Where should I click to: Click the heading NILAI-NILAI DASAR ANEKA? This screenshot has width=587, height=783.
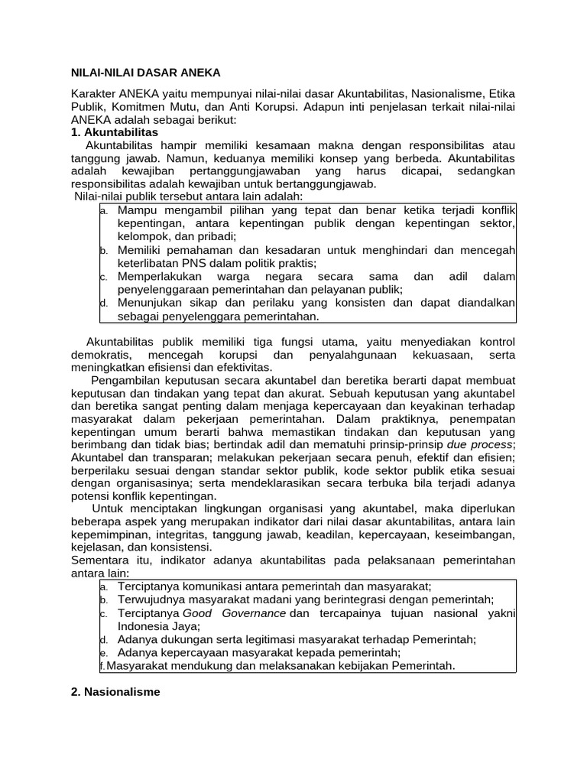coord(145,73)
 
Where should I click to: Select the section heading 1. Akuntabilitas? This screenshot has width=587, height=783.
coord(114,132)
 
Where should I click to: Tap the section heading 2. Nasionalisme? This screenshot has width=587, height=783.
coord(115,692)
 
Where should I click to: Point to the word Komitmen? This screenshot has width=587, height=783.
coord(137,108)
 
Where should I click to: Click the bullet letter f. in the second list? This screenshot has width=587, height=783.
coord(102,666)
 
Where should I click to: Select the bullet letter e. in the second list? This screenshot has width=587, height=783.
coord(103,652)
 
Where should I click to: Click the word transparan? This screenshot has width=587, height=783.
coord(188,458)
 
